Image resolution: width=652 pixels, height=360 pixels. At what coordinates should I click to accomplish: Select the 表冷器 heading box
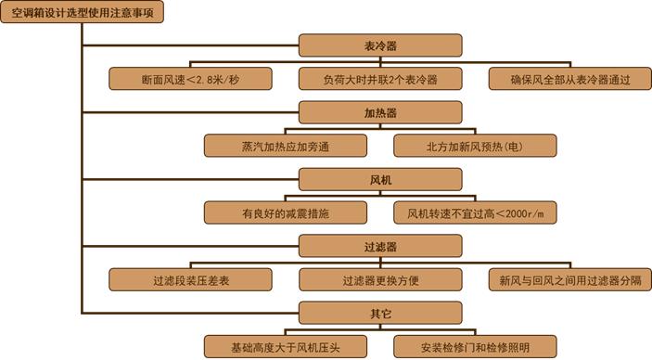[381, 45]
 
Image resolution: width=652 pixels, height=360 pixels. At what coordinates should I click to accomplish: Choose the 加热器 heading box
[381, 112]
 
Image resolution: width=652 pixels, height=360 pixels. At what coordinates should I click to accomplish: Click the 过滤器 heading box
[381, 246]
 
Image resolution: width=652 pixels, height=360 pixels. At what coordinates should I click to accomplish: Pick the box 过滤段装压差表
[189, 279]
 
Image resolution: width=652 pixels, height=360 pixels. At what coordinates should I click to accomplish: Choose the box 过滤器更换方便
[381, 279]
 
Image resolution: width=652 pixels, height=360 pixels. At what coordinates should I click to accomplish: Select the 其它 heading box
[381, 313]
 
